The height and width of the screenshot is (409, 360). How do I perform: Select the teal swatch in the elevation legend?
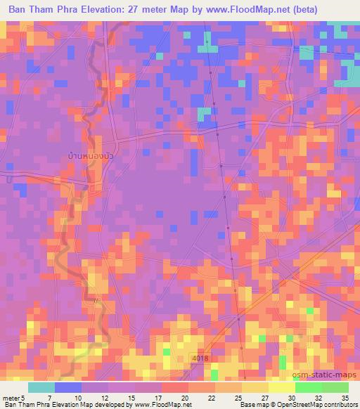[x=41, y=387]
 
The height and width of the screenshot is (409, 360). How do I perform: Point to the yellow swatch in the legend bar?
[x=255, y=387]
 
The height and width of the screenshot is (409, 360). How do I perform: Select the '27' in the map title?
[x=136, y=10]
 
